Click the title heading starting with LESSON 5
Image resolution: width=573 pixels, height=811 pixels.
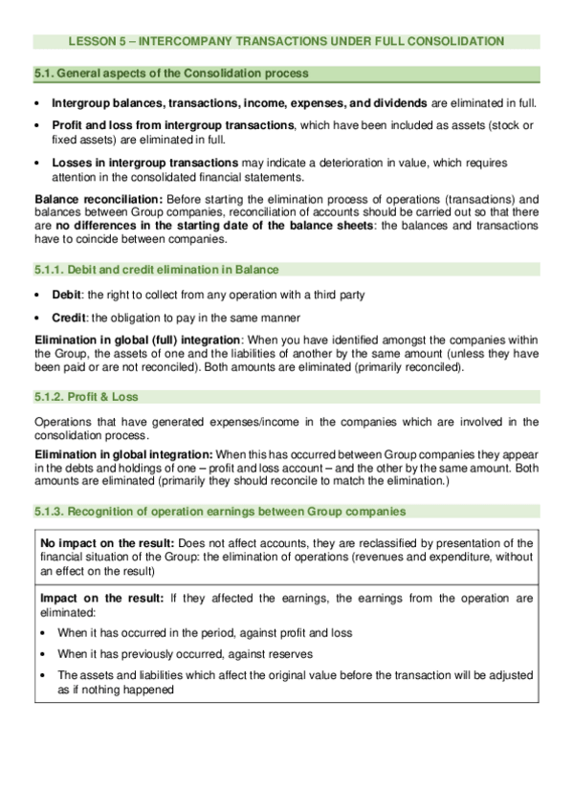[286, 41]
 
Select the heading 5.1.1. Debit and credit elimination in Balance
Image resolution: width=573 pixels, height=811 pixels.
[156, 270]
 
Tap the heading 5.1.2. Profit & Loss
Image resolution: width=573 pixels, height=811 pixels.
[93, 397]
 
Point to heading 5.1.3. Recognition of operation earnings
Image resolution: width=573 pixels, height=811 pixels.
[219, 512]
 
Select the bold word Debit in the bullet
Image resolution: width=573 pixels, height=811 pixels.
[68, 294]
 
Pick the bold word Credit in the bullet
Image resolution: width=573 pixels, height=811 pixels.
[70, 317]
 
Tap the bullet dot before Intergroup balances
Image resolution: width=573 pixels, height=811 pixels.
[38, 103]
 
